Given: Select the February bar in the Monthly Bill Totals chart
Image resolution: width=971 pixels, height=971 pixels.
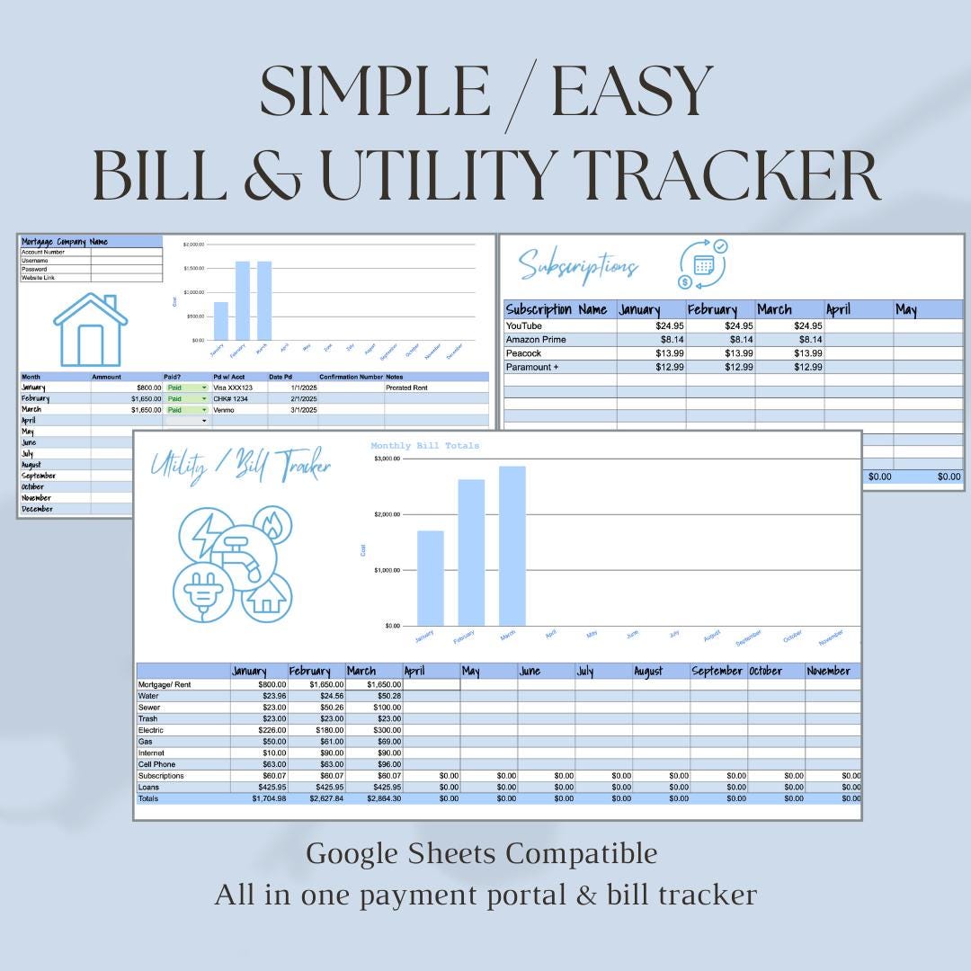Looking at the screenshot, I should tap(471, 552).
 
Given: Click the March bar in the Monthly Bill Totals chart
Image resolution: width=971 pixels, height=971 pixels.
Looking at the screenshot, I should tap(512, 545).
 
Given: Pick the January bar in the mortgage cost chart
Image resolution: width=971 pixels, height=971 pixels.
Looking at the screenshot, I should tap(220, 321).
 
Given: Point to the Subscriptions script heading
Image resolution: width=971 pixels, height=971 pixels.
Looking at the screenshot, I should tap(578, 265).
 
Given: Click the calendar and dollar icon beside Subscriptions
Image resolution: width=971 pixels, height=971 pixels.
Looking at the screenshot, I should tap(702, 263).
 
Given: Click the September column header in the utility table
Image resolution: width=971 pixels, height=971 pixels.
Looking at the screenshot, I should tap(717, 671).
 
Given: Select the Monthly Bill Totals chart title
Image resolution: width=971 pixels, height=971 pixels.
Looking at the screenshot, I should tap(424, 445).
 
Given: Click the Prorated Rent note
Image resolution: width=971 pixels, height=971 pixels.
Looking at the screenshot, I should tap(407, 388).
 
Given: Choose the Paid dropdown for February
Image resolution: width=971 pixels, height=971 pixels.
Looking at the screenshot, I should tap(187, 398).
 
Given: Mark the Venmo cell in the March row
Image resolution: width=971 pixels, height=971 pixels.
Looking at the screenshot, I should tap(224, 409).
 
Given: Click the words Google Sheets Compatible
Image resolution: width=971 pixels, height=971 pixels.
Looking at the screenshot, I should tap(482, 853).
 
